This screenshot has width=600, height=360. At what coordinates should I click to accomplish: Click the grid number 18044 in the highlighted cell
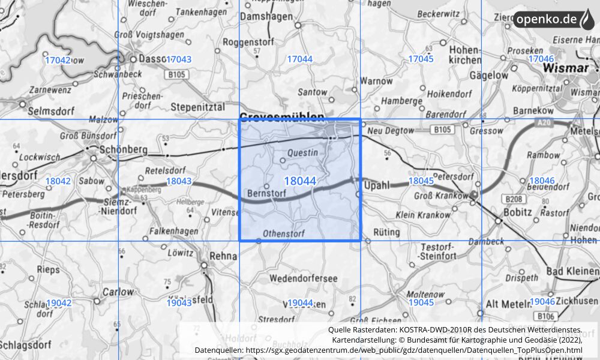(300, 181)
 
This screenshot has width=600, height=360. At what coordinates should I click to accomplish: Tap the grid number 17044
(300, 59)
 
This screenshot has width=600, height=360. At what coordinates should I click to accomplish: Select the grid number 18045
(421, 181)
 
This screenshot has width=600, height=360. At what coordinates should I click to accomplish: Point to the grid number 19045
(421, 302)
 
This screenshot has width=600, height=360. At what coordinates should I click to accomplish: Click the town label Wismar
(565, 68)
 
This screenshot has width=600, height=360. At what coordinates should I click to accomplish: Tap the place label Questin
(303, 152)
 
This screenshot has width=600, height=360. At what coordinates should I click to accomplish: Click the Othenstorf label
(284, 233)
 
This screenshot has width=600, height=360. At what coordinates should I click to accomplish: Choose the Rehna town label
(224, 255)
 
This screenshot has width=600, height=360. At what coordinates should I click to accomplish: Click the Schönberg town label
(116, 149)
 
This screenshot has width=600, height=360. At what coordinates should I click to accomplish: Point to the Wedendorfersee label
(304, 278)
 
